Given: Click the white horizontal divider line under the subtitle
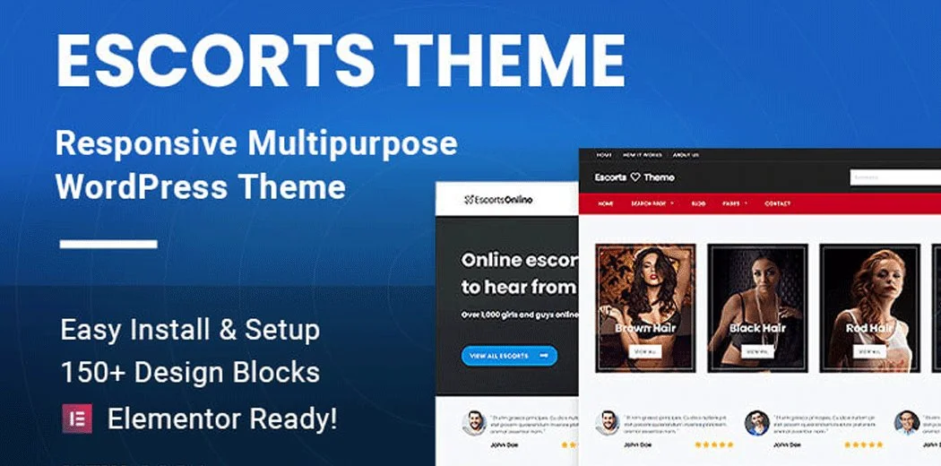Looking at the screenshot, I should tap(108, 244).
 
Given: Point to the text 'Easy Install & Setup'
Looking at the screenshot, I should tap(190, 329).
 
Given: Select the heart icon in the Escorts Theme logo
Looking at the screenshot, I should tap(636, 177).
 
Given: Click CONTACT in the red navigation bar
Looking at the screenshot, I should tap(778, 204).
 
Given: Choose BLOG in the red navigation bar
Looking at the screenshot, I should tap(698, 204).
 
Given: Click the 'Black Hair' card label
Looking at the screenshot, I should tap(757, 328).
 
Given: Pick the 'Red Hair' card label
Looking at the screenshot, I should tap(868, 328).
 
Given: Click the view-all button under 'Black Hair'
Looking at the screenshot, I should tap(757, 353).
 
